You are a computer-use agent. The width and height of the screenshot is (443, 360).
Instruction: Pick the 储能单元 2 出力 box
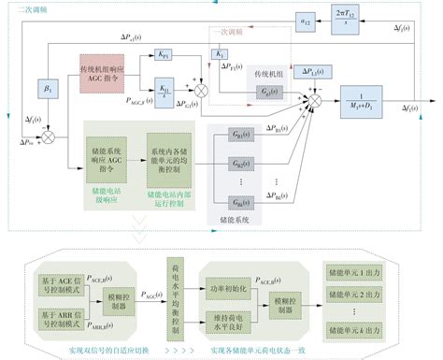[x=351, y=294]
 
